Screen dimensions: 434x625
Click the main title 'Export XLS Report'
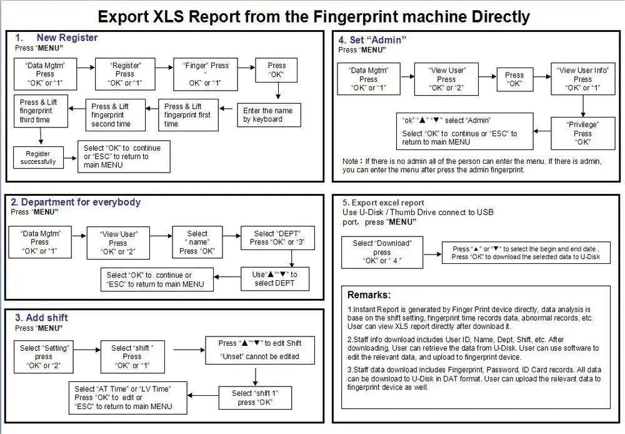click(313, 16)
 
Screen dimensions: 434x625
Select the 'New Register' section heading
click(67, 38)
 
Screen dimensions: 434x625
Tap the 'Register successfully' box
click(37, 158)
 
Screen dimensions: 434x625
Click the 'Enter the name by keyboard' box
click(267, 115)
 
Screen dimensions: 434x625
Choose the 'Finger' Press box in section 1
click(201, 74)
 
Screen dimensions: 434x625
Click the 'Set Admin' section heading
click(372, 40)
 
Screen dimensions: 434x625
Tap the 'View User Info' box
click(582, 79)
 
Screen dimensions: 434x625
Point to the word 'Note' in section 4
click(351, 161)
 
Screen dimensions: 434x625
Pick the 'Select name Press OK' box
click(197, 242)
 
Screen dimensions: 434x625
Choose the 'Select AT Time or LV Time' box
click(122, 397)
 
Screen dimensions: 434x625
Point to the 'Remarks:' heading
click(369, 295)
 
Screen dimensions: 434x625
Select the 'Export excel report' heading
click(383, 203)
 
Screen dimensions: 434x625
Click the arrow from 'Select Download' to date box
click(431, 253)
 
